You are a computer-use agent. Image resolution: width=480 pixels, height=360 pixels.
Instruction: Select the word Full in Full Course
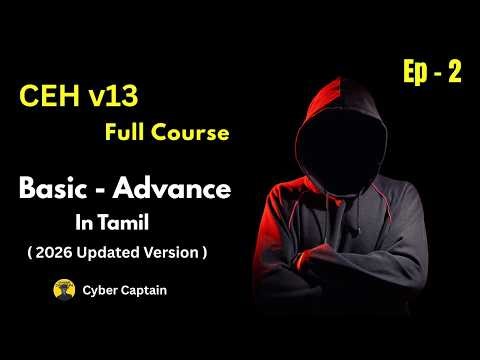pyautogui.click(x=122, y=132)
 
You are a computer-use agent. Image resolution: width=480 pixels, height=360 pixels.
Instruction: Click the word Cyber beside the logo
pyautogui.click(x=99, y=291)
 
